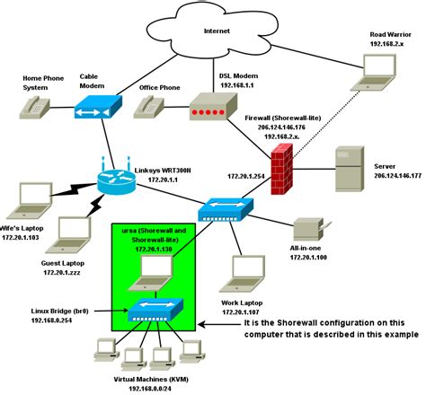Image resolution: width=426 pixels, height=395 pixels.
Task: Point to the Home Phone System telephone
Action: click(x=33, y=110)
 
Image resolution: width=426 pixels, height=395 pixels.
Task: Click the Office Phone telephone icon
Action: click(x=149, y=108)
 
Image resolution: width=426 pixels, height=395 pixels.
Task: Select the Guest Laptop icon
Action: click(x=68, y=233)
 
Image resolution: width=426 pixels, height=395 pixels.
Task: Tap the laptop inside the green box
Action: click(x=148, y=274)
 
